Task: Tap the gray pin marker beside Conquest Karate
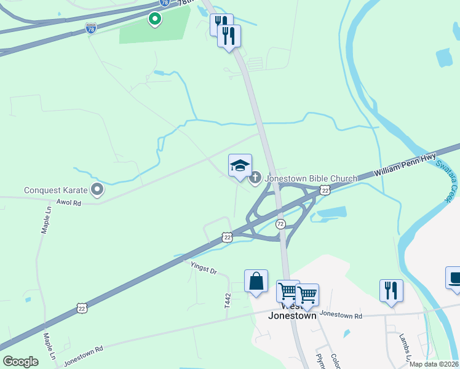coord(97,189)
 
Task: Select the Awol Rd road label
coord(68,202)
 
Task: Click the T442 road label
coord(227,301)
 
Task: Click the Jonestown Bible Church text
coord(311,178)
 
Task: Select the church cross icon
coord(255,178)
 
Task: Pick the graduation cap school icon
coord(240,165)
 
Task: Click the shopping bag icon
coord(256,282)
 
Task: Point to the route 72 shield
coord(280,223)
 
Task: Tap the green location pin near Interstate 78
coord(155,19)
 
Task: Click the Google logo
coord(20,362)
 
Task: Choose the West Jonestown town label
coord(292,311)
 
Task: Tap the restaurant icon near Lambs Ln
coord(391,290)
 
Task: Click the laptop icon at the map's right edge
coord(453,277)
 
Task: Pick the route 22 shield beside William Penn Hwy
coord(325,191)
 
